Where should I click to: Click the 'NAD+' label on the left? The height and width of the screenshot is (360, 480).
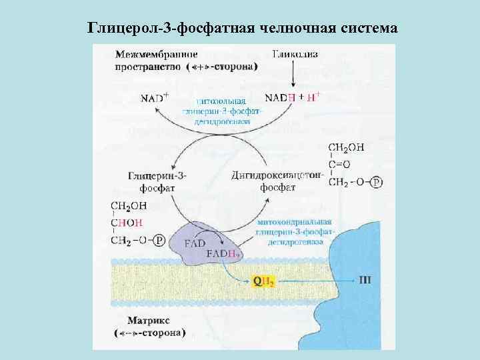(155, 97)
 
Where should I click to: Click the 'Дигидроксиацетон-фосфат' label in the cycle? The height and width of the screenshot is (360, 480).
(278, 181)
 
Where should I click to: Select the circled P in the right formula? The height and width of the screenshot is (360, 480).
(377, 182)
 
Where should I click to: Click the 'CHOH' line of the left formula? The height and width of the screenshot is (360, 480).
(126, 223)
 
